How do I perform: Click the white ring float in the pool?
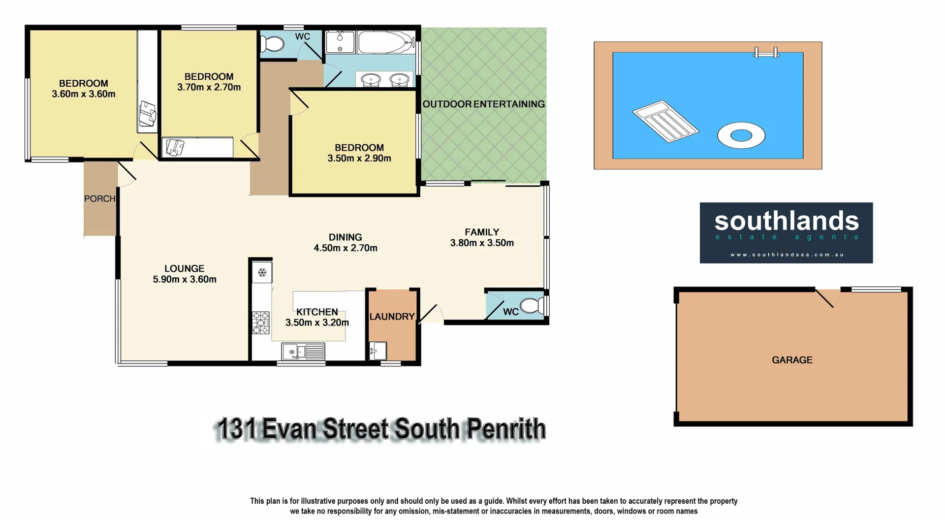click(741, 135)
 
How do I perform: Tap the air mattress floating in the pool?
click(665, 121)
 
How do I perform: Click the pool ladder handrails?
click(766, 52)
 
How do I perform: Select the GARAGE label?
click(792, 360)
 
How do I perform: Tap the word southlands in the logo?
click(786, 221)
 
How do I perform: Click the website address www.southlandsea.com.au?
click(787, 255)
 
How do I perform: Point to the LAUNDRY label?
click(392, 317)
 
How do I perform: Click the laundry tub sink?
click(378, 351)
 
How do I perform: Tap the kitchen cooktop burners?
click(261, 323)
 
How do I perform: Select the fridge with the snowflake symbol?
click(262, 273)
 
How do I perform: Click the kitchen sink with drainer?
click(303, 352)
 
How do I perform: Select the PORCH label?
click(99, 199)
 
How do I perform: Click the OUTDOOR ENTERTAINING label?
click(483, 104)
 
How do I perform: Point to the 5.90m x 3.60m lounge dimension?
click(185, 279)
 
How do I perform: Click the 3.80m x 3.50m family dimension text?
click(482, 243)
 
